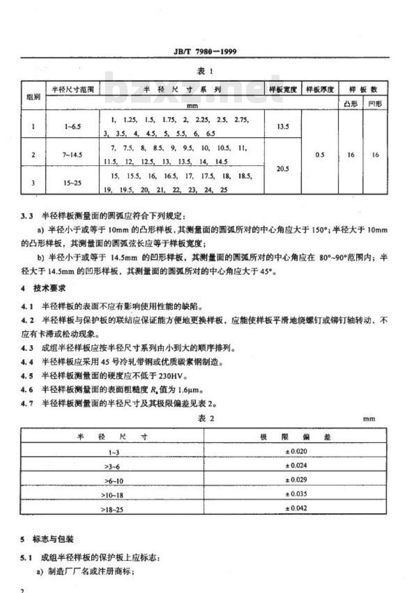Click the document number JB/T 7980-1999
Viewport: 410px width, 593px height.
204,51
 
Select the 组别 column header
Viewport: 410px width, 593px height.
33,96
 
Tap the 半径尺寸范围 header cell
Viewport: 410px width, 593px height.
72,89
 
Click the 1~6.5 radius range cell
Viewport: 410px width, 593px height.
72,126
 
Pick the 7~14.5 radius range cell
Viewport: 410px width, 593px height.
72,154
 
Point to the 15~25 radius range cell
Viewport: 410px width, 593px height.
72,181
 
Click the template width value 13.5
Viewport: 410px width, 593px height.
282,126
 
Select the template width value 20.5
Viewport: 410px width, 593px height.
282,167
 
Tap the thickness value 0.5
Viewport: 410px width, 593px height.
320,154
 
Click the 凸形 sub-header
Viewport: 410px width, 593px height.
351,104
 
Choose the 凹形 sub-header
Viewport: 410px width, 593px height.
375,104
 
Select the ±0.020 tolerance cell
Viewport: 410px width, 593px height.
296,451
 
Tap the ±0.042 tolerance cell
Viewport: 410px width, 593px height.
296,508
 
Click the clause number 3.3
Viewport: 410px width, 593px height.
27,215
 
